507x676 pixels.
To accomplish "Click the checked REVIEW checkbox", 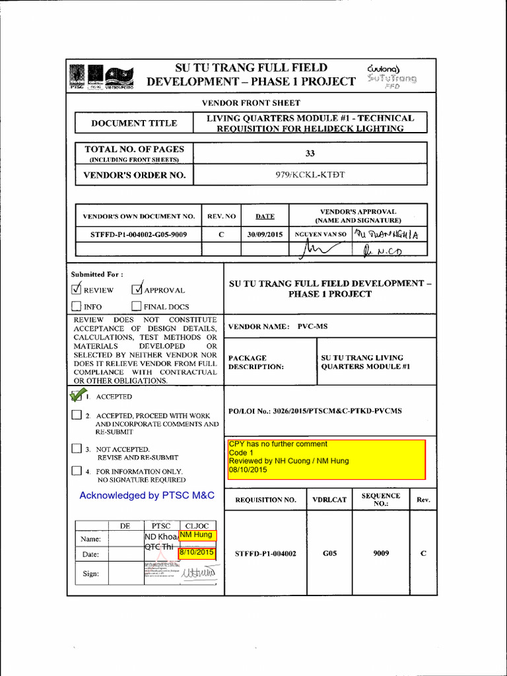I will pos(77,289).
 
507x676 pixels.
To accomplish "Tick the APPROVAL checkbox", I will pos(137,289).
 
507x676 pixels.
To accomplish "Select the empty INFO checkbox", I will pos(77,306).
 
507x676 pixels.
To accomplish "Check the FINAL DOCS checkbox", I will pos(137,306).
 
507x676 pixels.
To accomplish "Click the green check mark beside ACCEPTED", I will pos(77,396).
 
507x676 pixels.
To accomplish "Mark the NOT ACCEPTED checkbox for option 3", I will pos(77,450).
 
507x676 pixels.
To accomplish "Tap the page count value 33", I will pos(310,153).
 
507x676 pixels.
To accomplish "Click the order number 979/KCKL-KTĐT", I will pos(310,175).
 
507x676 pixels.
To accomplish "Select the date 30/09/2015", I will pos(265,234).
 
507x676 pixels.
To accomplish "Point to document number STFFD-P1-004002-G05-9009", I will pos(139,234).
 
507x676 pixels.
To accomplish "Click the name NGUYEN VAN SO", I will pos(320,234).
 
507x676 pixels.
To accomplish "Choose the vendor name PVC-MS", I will pos(312,326).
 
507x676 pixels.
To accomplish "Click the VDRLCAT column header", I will pos(330,500).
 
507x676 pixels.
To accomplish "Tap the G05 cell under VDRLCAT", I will pos(330,553).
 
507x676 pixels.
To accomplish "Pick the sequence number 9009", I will pos(381,553).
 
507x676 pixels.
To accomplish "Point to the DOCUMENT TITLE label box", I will pos(134,123).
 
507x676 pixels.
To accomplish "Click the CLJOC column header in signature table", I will pos(197,525).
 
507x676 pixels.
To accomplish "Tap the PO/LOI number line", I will pos(315,411).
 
